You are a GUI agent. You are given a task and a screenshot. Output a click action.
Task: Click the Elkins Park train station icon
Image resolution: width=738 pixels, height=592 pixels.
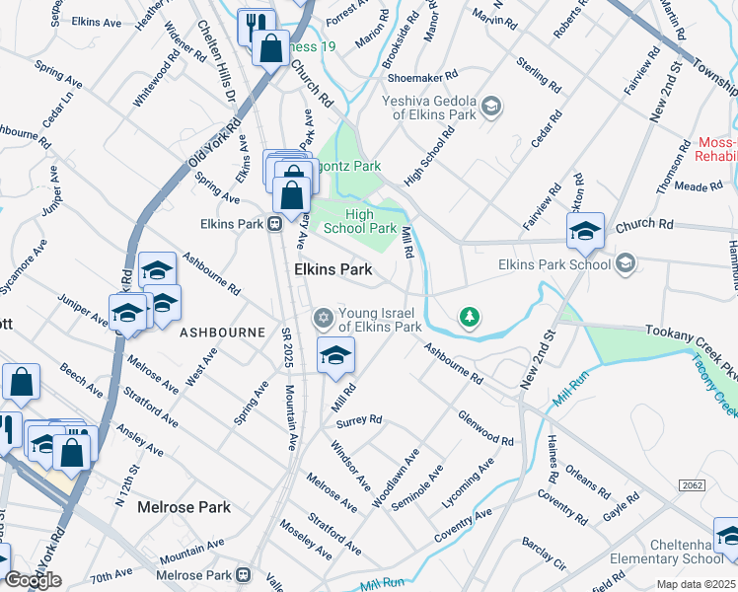[x=276, y=224]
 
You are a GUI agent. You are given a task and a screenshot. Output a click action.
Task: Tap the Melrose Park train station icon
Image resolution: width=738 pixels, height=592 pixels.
[x=243, y=575]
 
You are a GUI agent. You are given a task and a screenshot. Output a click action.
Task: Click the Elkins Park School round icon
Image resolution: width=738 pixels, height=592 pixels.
[x=624, y=263]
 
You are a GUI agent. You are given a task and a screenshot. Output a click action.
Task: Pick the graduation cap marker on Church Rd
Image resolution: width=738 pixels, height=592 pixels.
[x=585, y=231]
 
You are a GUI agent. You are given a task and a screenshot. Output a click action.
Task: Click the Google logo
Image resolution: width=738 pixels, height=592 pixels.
[x=33, y=580]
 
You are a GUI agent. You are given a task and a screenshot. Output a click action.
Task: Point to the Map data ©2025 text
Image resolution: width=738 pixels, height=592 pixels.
[x=696, y=584]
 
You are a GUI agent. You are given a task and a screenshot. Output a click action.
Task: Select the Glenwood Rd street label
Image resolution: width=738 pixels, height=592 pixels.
[x=485, y=428]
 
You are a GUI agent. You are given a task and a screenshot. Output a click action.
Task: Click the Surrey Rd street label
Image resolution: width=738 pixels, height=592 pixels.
[x=358, y=420]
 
